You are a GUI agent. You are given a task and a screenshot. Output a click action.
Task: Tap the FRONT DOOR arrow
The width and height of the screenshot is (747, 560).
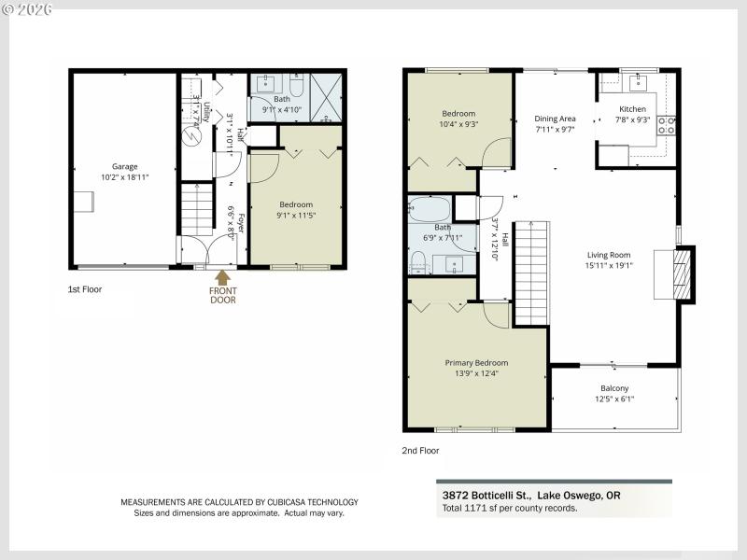pyautogui.click(x=222, y=277)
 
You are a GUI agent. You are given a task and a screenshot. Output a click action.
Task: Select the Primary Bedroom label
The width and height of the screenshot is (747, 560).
pyautogui.click(x=476, y=363)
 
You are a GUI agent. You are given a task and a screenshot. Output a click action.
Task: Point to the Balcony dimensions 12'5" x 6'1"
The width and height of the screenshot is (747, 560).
pyautogui.click(x=613, y=399)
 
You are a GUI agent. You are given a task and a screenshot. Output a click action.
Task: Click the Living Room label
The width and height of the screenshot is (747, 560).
pyautogui.click(x=609, y=255)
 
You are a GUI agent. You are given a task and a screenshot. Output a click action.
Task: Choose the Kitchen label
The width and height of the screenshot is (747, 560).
pyautogui.click(x=632, y=109)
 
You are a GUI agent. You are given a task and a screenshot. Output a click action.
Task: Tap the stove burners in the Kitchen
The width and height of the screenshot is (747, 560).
pyautogui.click(x=667, y=125)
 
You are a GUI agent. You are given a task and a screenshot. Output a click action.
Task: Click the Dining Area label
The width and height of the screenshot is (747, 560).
pyautogui.click(x=555, y=119)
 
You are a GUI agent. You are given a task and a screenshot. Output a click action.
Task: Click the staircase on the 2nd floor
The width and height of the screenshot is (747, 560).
pyautogui.click(x=529, y=275)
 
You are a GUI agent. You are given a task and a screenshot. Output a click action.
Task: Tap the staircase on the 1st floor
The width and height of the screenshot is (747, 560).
pyautogui.click(x=197, y=210)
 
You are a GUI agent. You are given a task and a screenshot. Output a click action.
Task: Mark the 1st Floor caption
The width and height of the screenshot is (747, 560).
pyautogui.click(x=85, y=289)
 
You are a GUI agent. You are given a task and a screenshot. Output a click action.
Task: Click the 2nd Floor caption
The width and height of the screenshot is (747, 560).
pyautogui.click(x=419, y=450)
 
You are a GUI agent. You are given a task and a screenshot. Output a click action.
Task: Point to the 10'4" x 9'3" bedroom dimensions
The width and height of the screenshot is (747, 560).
pyautogui.click(x=458, y=124)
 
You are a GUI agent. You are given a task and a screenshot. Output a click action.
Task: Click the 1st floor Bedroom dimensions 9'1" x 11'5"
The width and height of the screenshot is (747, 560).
pyautogui.click(x=296, y=215)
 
